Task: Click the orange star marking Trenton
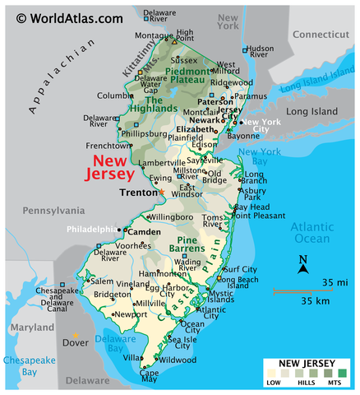[x=162, y=192]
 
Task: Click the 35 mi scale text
[x=334, y=282]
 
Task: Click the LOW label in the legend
[x=273, y=383]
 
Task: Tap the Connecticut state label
[x=321, y=34]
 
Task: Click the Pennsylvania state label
[x=53, y=211]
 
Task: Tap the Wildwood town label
[x=178, y=360]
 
